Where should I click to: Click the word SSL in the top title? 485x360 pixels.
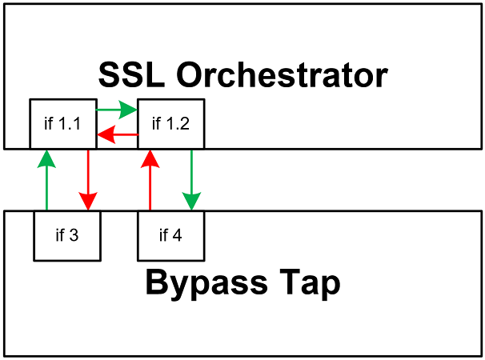click(x=130, y=76)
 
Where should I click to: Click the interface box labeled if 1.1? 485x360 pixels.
click(x=62, y=123)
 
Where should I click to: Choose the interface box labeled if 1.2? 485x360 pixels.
click(x=170, y=123)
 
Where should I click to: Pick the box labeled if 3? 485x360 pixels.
click(x=67, y=235)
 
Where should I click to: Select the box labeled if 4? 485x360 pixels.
click(x=170, y=235)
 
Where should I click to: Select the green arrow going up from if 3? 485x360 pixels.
click(x=46, y=180)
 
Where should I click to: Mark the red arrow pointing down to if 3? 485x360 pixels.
click(x=88, y=180)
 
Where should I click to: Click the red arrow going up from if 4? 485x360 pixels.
click(x=150, y=180)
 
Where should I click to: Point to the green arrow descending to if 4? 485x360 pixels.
click(x=191, y=180)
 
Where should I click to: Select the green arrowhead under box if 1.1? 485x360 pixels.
click(x=46, y=157)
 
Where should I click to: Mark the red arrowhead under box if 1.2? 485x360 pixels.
click(x=150, y=157)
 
